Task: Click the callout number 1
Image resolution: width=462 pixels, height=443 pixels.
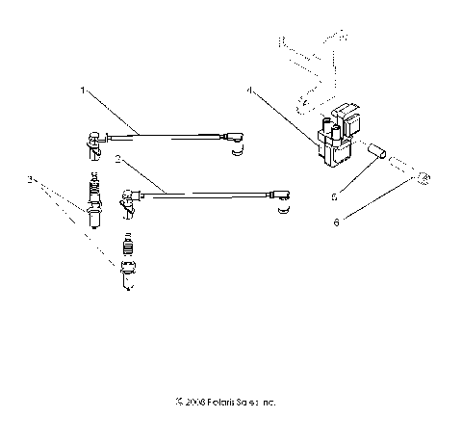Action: pos(84,91)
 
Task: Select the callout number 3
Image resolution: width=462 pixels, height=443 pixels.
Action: pos(31,180)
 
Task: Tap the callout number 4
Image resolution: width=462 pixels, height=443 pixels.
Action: pos(249,91)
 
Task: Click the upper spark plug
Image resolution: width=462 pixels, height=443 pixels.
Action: pos(96,201)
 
